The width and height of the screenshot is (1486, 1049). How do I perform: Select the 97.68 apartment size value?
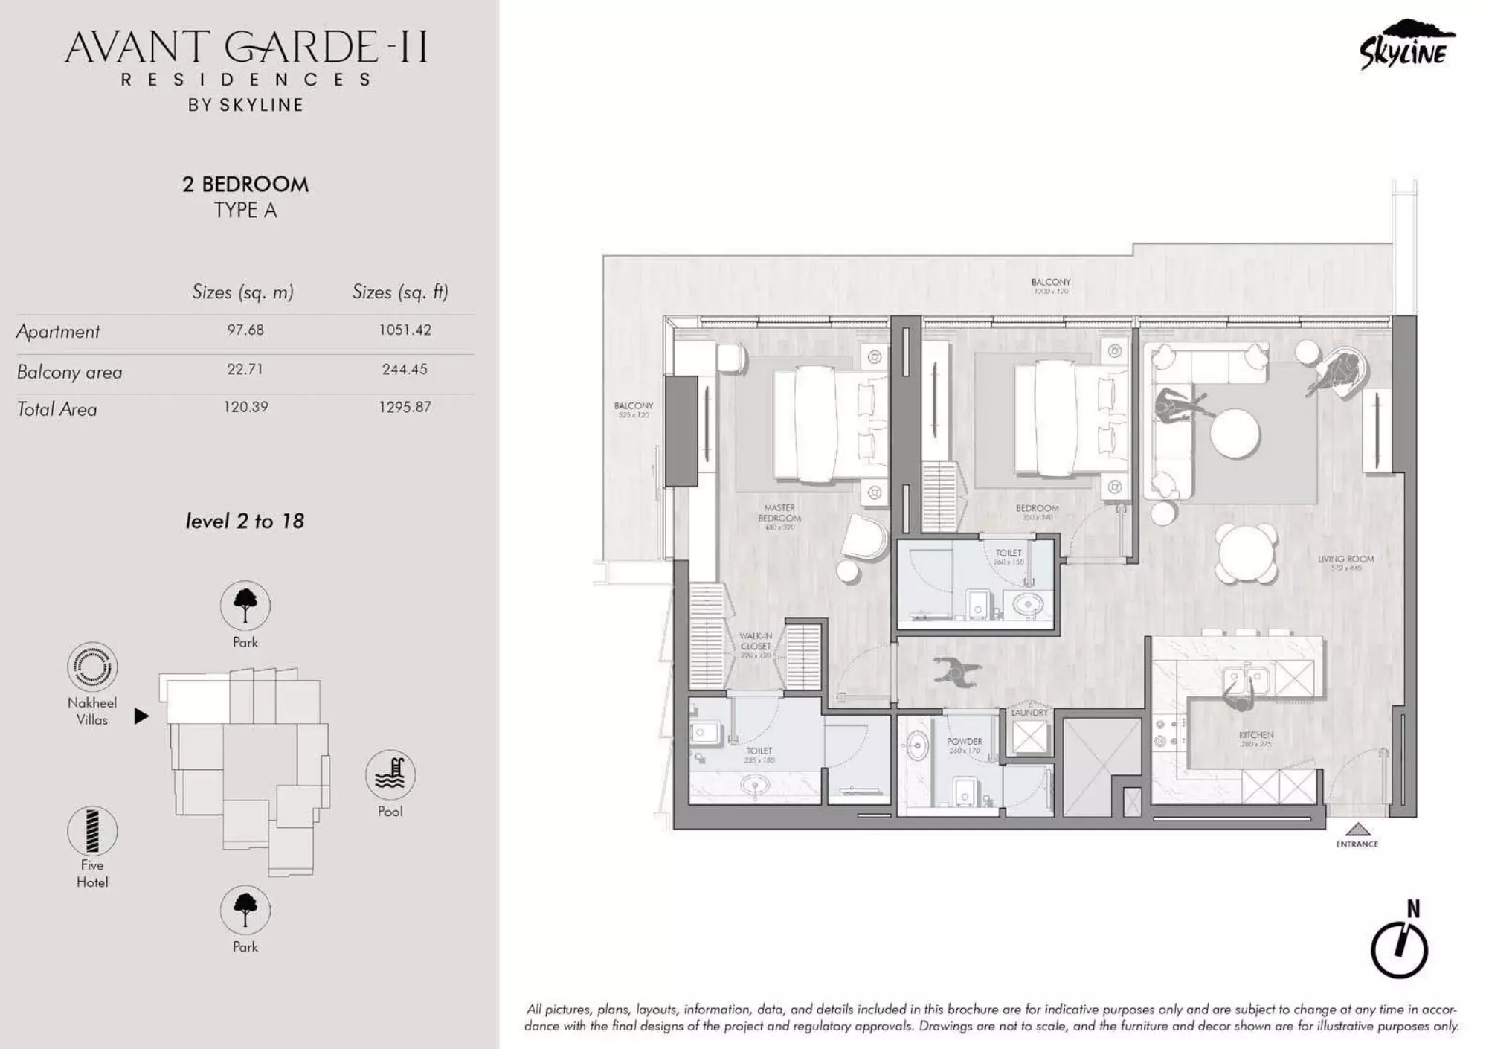[245, 330]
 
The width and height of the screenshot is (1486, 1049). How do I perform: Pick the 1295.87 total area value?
[405, 407]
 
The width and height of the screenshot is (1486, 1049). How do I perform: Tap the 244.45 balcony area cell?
[405, 369]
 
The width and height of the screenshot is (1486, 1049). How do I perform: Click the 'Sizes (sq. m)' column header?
[242, 292]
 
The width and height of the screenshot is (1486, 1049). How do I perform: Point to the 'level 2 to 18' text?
[245, 521]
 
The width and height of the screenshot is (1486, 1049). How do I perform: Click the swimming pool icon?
[390, 774]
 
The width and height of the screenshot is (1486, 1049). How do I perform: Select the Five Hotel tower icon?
[92, 830]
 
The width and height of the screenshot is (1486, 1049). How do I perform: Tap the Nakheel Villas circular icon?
[92, 667]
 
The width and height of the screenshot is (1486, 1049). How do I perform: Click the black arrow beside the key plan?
[141, 716]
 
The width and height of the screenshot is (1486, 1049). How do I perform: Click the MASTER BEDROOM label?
[779, 513]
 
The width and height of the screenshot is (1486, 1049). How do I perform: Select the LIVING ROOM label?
[1345, 559]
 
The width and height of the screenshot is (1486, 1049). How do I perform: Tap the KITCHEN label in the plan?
[1255, 735]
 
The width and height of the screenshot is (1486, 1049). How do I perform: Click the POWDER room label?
[965, 742]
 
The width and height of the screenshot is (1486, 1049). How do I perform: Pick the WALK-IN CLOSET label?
[756, 641]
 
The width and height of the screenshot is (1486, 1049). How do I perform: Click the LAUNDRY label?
[1029, 713]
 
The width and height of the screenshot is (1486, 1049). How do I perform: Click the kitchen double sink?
[1246, 679]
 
